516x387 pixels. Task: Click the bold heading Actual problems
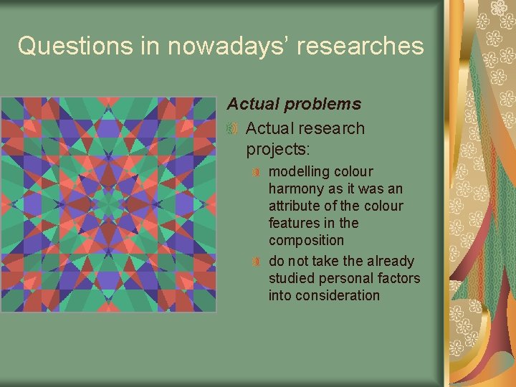click(294, 104)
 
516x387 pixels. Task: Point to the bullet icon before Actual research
click(232, 129)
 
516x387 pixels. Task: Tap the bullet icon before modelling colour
click(256, 173)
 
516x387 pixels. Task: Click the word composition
click(306, 241)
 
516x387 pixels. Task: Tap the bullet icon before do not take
click(256, 262)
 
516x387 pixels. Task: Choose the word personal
click(343, 278)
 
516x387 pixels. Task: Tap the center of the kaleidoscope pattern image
click(108, 205)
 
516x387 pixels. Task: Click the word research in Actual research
click(330, 129)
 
